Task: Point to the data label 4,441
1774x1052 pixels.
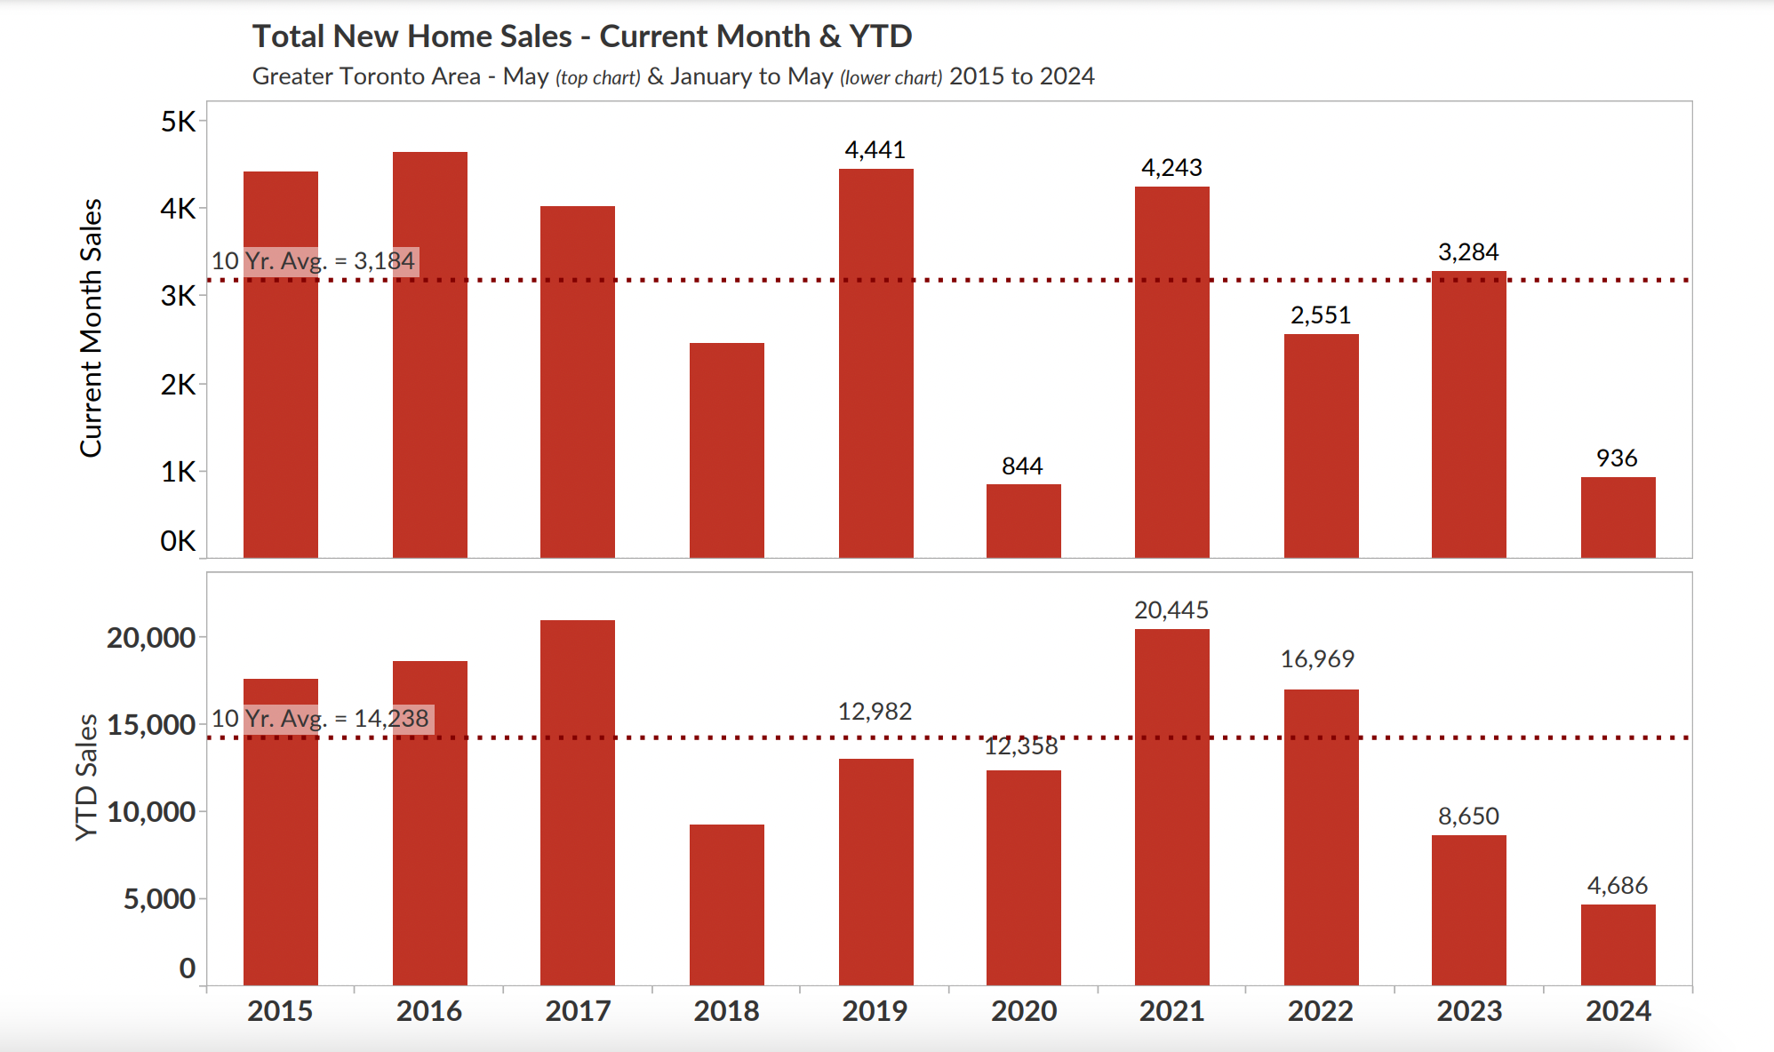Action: pos(875,150)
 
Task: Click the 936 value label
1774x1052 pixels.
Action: pos(1616,458)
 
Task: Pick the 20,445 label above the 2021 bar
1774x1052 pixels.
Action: pos(1171,610)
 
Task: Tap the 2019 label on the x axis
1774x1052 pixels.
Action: pos(875,1011)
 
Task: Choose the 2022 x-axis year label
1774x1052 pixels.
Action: pos(1321,1011)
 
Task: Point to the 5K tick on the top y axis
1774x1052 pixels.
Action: pos(178,122)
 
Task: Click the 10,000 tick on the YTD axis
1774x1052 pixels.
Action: pos(151,811)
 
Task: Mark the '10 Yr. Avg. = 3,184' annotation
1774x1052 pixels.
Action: pos(313,261)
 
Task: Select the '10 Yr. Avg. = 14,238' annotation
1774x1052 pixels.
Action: pos(320,718)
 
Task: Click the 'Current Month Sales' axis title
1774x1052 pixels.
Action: pos(92,329)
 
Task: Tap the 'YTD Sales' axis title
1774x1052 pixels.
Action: pos(86,777)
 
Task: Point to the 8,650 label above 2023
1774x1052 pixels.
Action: pos(1468,817)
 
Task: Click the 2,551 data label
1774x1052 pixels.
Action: pos(1321,315)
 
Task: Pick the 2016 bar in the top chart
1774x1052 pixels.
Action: pos(429,355)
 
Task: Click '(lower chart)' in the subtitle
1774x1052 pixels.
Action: pos(891,78)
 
